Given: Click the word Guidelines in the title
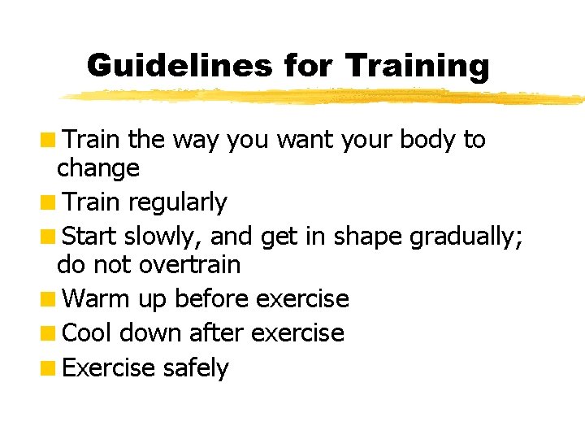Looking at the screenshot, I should [x=179, y=65].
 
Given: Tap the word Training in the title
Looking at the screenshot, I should [x=418, y=65].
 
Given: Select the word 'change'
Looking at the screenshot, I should [x=98, y=169].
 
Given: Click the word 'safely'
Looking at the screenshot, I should [x=196, y=368].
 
